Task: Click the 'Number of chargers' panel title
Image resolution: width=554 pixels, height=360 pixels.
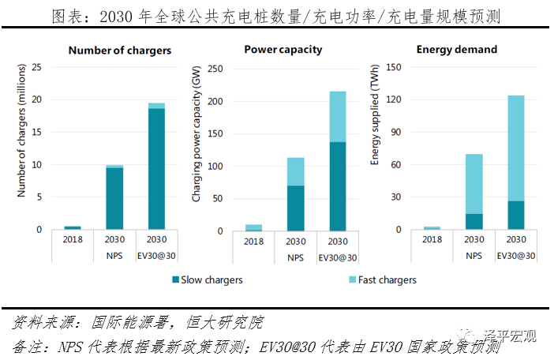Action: [x=120, y=50]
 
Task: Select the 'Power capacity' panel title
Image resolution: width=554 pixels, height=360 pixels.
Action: [x=283, y=49]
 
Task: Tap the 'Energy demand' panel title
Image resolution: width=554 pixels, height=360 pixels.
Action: [x=456, y=49]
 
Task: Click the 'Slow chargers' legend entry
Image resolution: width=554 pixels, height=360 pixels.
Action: [x=206, y=279]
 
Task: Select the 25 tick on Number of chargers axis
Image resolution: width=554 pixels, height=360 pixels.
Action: [x=42, y=68]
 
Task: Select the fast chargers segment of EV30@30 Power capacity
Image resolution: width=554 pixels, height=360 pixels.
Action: [x=337, y=117]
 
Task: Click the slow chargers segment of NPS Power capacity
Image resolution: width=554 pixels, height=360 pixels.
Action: [x=295, y=208]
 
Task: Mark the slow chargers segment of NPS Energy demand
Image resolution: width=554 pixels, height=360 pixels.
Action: [x=474, y=222]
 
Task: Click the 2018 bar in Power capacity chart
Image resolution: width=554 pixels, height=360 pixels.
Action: [x=253, y=227]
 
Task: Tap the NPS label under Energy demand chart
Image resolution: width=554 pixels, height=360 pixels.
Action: [x=474, y=257]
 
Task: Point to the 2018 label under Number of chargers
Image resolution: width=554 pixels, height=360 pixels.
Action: [x=73, y=239]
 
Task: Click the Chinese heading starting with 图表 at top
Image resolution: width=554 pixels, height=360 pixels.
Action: [x=276, y=16]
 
